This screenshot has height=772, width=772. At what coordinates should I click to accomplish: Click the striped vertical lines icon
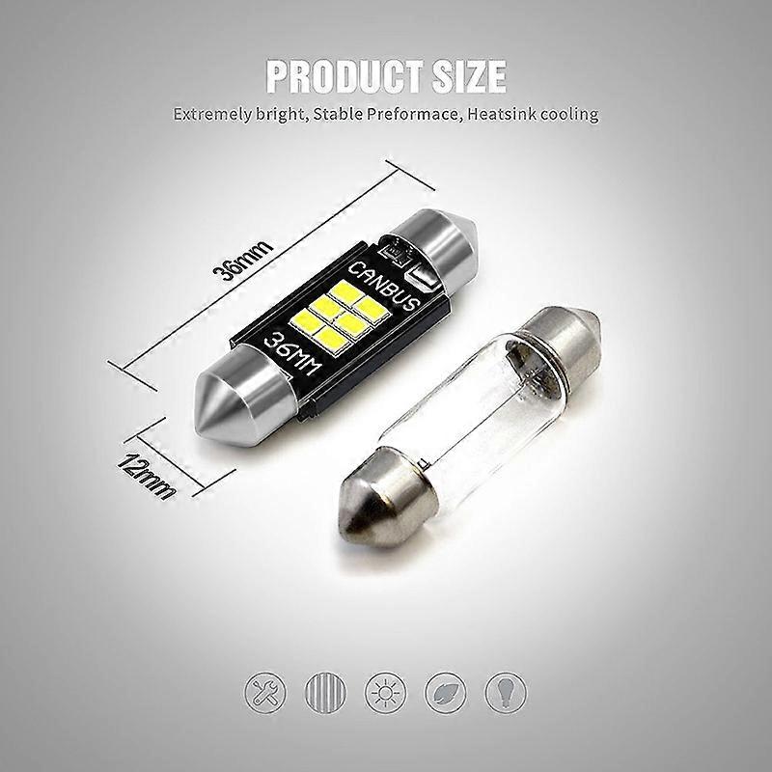pyautogui.click(x=323, y=692)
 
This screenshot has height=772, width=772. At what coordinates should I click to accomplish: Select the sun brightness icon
pyautogui.click(x=385, y=692)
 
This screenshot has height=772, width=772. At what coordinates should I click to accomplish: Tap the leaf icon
pyautogui.click(x=447, y=692)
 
